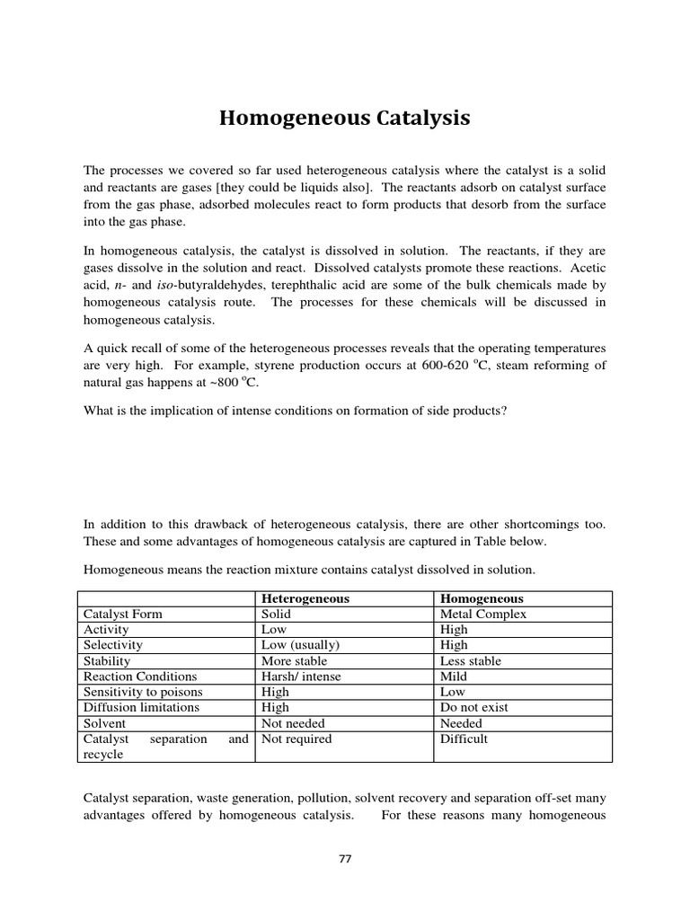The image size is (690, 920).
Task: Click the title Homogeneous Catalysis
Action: point(345,119)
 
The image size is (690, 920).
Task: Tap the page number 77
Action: point(345,859)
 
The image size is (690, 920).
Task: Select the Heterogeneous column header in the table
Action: point(305,598)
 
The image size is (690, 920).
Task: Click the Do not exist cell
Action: point(473,707)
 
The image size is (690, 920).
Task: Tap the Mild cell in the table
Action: point(454,677)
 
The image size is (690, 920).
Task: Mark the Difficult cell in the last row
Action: point(464,739)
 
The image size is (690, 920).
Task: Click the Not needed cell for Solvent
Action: point(292,723)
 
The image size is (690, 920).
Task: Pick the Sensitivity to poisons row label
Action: point(143,692)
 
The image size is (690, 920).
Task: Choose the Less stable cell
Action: point(470,660)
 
